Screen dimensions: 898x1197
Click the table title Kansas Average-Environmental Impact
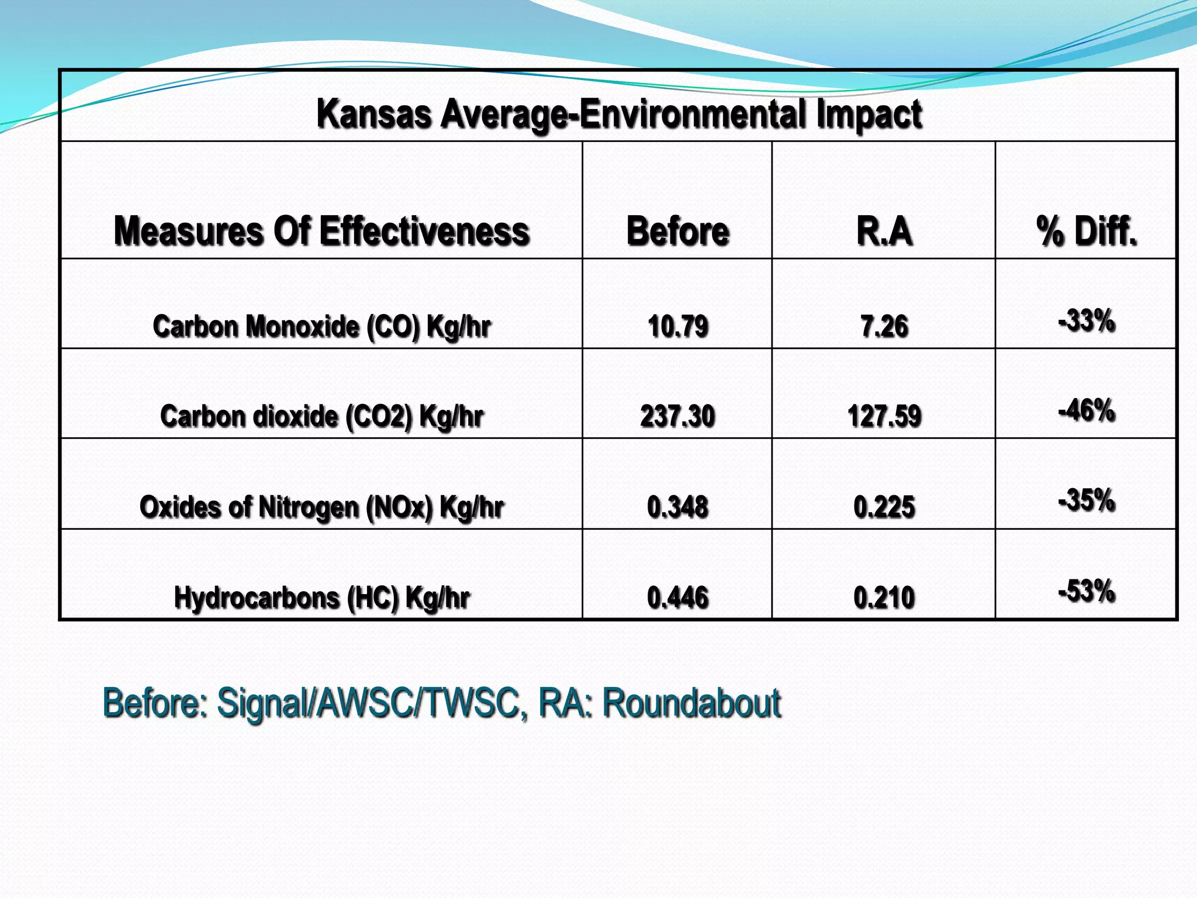pos(619,113)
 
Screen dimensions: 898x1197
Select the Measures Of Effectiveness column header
pos(321,231)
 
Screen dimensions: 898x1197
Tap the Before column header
pos(677,231)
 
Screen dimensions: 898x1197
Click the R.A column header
pos(884,231)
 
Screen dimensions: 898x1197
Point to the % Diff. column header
pos(1087,231)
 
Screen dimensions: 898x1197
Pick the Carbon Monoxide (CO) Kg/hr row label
pos(321,326)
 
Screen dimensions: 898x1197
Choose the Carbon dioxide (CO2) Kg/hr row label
pos(321,416)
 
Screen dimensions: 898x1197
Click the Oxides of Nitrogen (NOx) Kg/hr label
pos(321,507)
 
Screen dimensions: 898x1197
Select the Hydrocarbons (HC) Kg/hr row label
pos(321,597)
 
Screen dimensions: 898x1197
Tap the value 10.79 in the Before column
pos(678,326)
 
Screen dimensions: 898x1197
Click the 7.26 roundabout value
pos(884,326)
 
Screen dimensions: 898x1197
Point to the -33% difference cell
pos(1087,321)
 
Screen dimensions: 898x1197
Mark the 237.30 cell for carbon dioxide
pos(677,416)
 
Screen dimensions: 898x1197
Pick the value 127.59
pos(884,416)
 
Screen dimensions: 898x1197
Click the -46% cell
pos(1087,410)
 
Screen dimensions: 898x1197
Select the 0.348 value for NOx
pos(678,507)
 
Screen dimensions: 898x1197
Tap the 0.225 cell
pos(884,507)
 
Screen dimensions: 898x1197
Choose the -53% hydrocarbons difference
pos(1087,591)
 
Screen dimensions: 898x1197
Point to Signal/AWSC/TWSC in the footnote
pos(368,703)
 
